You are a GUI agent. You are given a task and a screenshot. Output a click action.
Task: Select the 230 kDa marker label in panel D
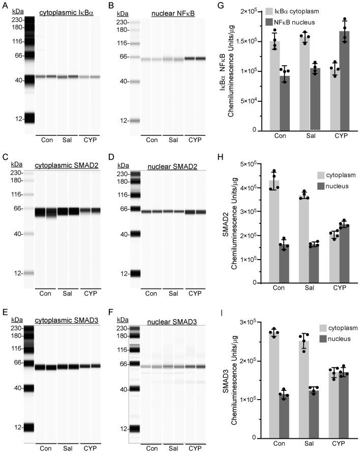(122, 174)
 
